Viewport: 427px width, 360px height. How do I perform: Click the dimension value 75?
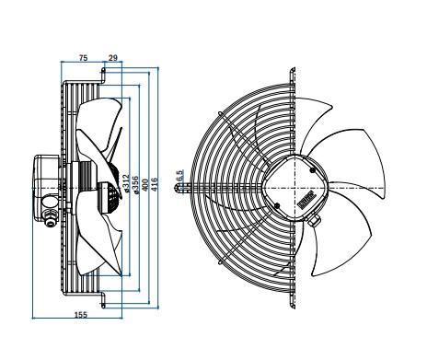click(84, 57)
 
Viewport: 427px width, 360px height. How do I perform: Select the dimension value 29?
click(113, 57)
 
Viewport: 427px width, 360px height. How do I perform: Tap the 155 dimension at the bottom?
click(81, 314)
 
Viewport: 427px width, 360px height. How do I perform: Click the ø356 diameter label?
click(136, 185)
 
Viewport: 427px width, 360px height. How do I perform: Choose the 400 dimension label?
click(145, 185)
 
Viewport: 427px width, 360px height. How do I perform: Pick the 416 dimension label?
click(155, 184)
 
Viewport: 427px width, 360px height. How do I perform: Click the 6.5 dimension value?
click(179, 176)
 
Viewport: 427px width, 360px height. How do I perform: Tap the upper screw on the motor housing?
click(313, 170)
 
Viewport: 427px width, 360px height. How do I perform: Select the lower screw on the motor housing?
click(277, 205)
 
